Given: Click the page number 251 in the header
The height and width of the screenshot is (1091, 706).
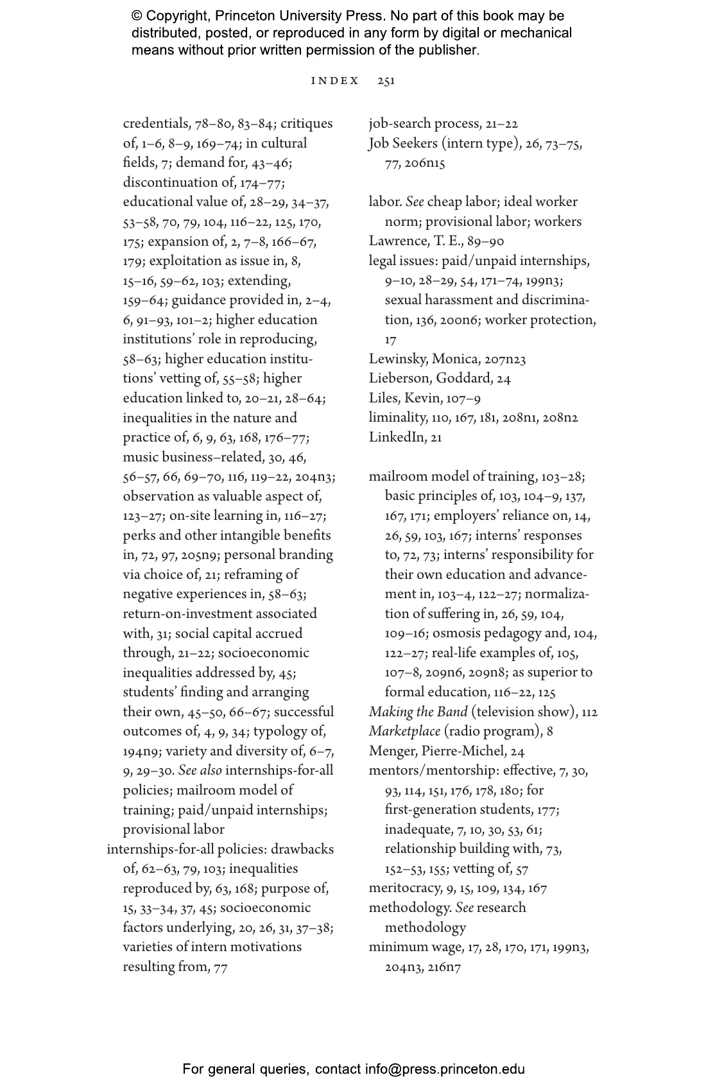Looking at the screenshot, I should click(x=386, y=81).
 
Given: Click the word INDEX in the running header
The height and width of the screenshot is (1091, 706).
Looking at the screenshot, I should click(x=335, y=81).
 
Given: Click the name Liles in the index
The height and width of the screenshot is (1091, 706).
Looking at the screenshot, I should click(x=383, y=399).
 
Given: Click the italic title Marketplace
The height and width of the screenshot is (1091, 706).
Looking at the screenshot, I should click(x=404, y=732).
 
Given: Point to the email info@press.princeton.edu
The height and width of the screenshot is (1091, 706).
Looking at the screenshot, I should click(x=445, y=1069).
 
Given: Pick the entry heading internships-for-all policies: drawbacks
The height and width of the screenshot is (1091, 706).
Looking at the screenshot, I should click(x=220, y=850).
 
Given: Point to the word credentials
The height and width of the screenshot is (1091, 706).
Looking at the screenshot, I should click(x=157, y=124).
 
